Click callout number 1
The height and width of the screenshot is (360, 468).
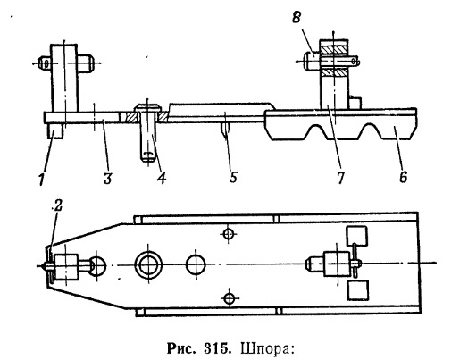click(x=42, y=179)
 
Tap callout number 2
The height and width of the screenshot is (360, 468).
click(x=57, y=205)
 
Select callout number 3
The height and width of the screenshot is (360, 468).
click(x=108, y=178)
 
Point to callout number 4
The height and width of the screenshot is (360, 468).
click(x=161, y=178)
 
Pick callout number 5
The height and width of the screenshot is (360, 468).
click(x=233, y=177)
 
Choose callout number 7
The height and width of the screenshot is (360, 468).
click(x=340, y=178)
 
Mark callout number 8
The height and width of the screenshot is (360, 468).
click(x=297, y=18)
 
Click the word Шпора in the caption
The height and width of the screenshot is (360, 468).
click(x=267, y=348)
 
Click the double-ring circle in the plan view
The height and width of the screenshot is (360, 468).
click(x=148, y=265)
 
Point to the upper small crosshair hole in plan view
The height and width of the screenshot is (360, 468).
click(x=229, y=234)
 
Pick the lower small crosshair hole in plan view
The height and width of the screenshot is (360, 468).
click(x=229, y=297)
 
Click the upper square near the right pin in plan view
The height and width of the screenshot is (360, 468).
click(x=356, y=235)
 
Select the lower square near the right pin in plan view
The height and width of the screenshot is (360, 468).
click(x=358, y=289)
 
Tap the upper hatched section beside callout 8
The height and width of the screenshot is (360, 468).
click(x=334, y=50)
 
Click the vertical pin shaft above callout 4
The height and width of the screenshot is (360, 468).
click(x=147, y=134)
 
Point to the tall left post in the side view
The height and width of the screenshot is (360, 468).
click(x=64, y=79)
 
